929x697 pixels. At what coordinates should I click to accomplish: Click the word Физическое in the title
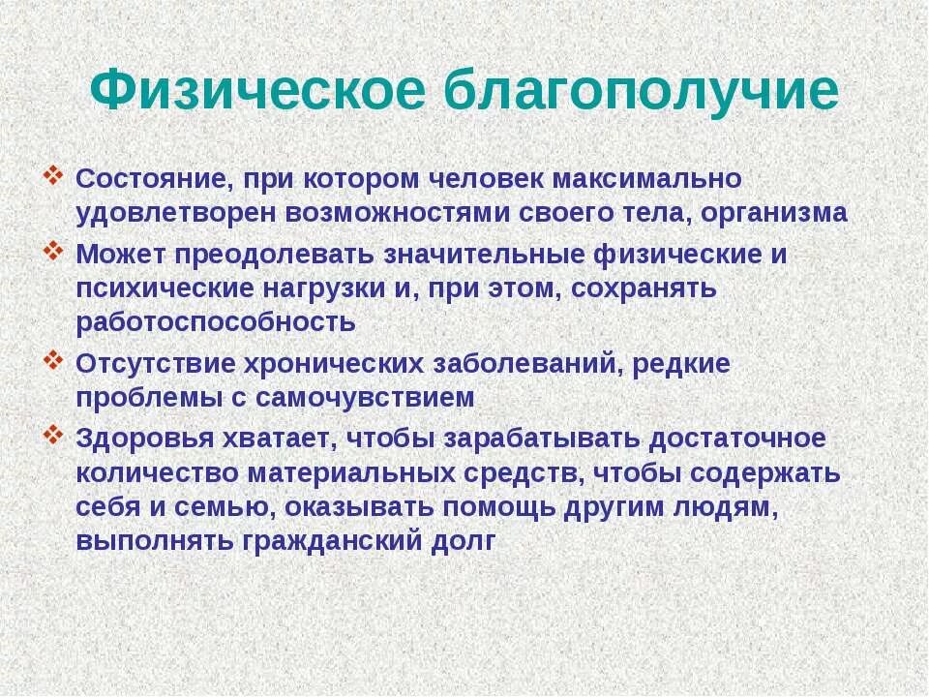(260, 92)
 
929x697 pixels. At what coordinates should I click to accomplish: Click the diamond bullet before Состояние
(54, 176)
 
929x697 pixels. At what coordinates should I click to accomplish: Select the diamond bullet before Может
(54, 252)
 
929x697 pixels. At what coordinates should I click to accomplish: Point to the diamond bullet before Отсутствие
(54, 361)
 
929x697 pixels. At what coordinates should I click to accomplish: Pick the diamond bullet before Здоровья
(54, 436)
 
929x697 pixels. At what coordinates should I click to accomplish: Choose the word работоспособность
(216, 323)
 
